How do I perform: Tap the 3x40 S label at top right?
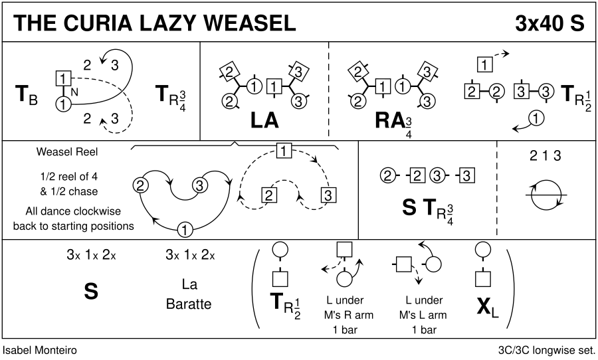click(x=549, y=23)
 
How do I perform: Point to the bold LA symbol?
click(x=264, y=120)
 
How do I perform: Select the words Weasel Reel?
click(x=67, y=152)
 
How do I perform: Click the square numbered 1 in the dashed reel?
click(x=284, y=150)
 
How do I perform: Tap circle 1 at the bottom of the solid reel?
click(x=185, y=230)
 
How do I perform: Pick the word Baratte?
click(x=189, y=305)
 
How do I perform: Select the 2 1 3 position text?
click(x=546, y=157)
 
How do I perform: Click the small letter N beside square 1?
click(x=74, y=92)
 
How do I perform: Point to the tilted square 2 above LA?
click(x=228, y=71)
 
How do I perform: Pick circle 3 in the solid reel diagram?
click(x=198, y=185)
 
